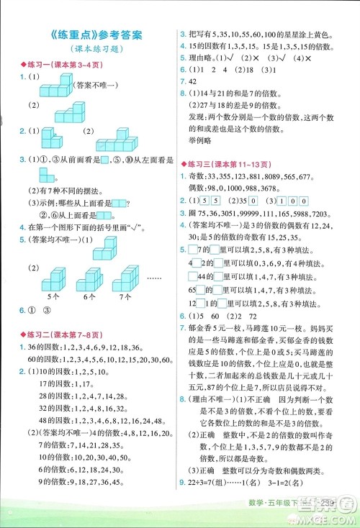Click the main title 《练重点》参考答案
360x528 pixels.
pyautogui.click(x=89, y=35)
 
